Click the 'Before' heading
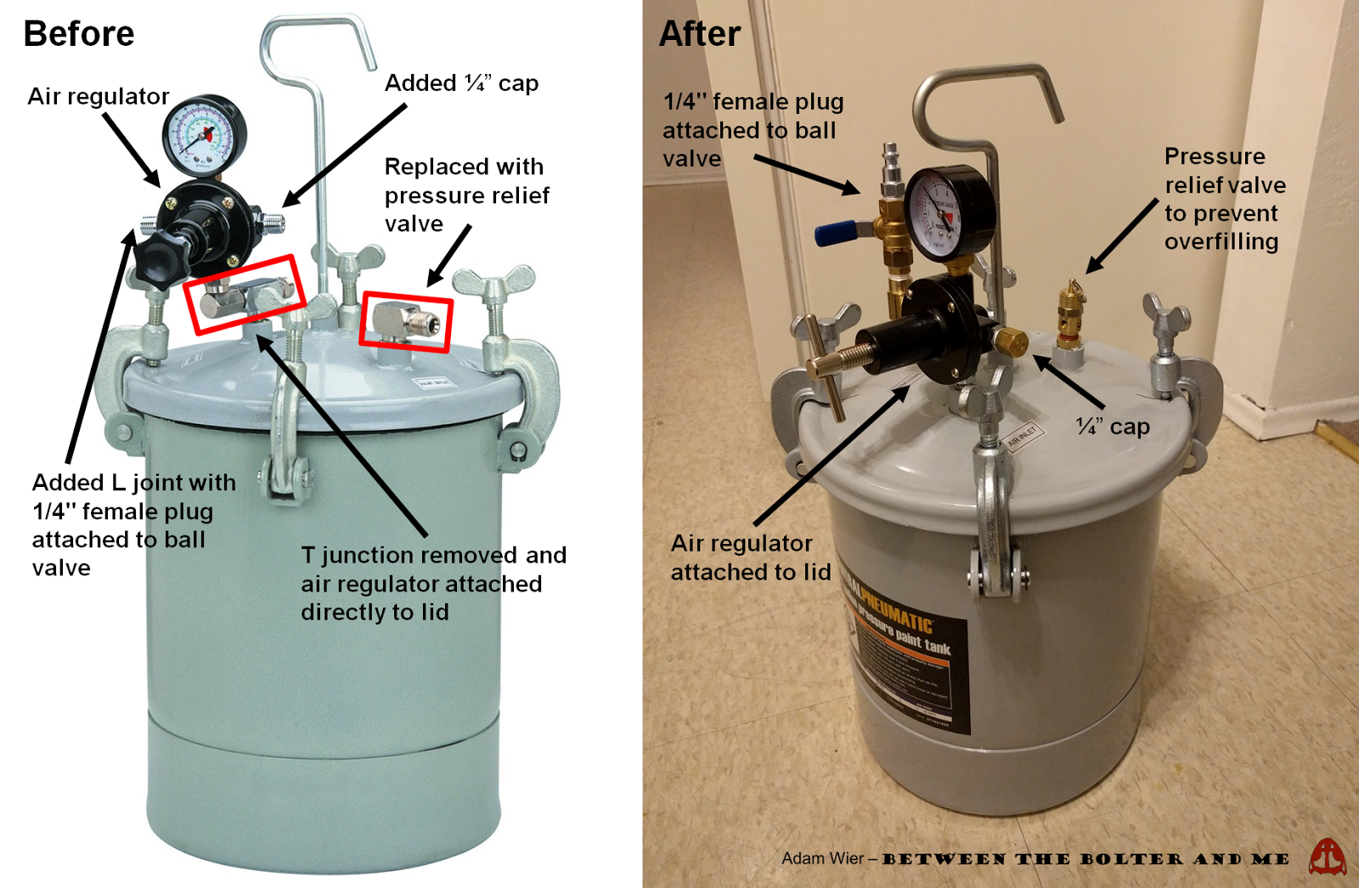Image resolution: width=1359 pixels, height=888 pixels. pyautogui.click(x=78, y=34)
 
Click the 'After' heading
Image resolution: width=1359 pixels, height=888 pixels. pyautogui.click(x=700, y=34)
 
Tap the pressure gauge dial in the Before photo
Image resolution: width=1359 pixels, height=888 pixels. pyautogui.click(x=203, y=136)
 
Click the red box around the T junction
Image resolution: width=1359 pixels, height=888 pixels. pyautogui.click(x=244, y=294)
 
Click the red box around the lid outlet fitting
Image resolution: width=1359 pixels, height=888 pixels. pyautogui.click(x=405, y=320)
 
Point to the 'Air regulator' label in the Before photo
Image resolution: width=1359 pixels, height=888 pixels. pyautogui.click(x=98, y=96)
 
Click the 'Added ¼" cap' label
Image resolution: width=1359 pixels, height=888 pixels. pyautogui.click(x=461, y=83)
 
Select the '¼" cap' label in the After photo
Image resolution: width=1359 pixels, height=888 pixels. pyautogui.click(x=1113, y=427)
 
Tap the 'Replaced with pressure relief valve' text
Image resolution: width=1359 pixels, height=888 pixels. pyautogui.click(x=466, y=195)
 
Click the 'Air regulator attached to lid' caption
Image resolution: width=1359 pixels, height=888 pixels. pyautogui.click(x=750, y=557)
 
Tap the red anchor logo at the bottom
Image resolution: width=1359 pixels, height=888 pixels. pyautogui.click(x=1327, y=857)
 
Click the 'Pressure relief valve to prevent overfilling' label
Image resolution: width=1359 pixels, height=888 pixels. pyautogui.click(x=1223, y=199)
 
